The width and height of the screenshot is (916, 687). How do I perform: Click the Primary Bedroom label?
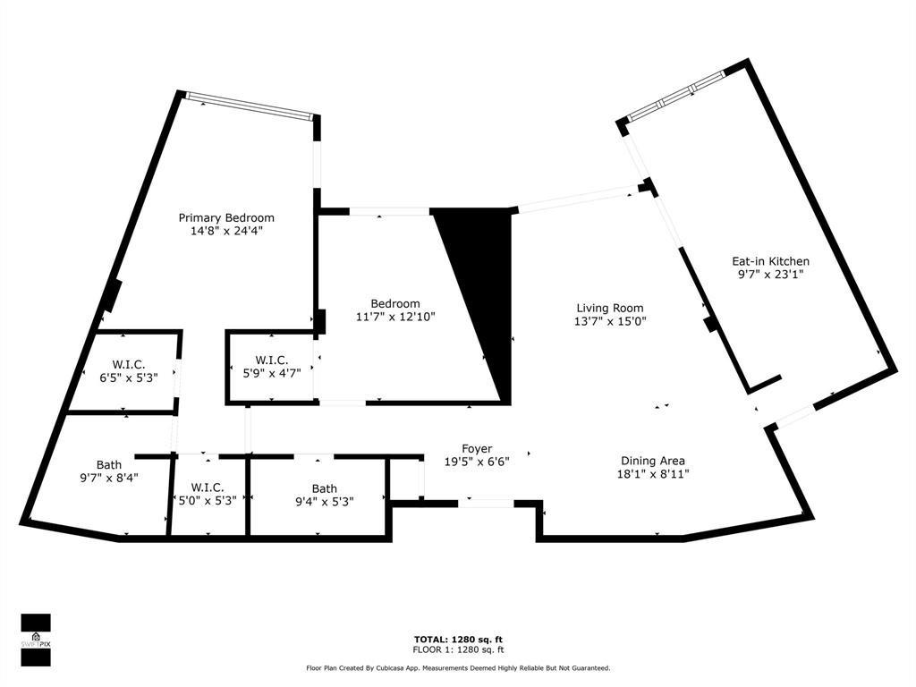tap(226, 217)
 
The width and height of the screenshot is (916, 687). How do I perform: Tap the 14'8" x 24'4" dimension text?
tap(226, 231)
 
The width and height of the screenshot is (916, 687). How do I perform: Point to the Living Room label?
tap(609, 308)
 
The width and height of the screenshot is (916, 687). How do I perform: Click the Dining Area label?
tap(653, 461)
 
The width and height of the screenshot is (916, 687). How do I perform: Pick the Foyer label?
tap(477, 448)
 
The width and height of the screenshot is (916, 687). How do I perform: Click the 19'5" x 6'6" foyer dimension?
tap(477, 462)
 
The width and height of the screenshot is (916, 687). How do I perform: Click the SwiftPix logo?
tap(36, 640)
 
